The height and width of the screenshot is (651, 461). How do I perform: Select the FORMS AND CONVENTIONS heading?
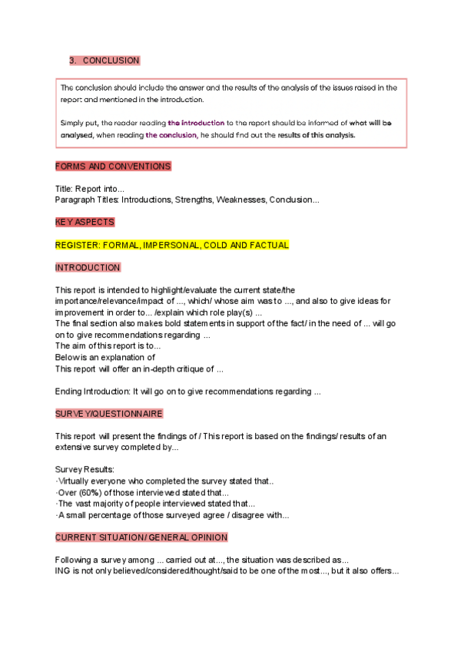pos(113,166)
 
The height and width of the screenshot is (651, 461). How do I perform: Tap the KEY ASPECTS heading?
pos(85,222)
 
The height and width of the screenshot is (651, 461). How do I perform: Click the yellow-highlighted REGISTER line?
pos(172,245)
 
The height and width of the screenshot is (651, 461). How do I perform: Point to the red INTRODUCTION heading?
pos(88,267)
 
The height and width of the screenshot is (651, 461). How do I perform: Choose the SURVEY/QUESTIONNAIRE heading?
pos(109,413)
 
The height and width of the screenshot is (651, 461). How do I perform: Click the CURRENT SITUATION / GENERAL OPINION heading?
pos(141,537)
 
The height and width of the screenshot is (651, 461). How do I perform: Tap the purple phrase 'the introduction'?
pos(197,122)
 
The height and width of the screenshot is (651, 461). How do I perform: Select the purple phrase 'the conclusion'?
pos(171,134)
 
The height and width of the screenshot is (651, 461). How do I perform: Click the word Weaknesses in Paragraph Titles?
pos(237,200)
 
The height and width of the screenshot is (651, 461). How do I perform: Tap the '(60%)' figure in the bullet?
pos(90,492)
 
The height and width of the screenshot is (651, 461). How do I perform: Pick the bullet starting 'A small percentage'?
pos(172,514)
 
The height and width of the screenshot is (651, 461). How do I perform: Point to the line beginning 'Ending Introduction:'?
pos(187,392)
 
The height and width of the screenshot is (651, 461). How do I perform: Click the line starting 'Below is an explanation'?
pos(105,357)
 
